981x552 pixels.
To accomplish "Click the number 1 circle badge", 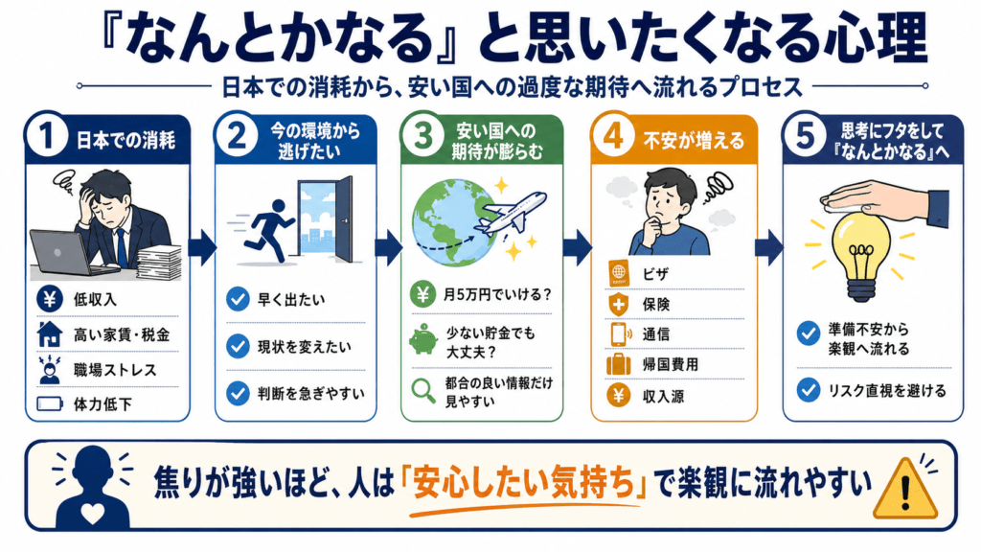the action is tap(46, 136).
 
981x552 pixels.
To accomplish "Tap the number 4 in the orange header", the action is tap(613, 136).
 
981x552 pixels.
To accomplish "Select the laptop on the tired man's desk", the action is tap(67, 253).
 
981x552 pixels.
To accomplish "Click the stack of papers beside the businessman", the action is tap(159, 263).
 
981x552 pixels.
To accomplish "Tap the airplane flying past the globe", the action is tap(510, 214).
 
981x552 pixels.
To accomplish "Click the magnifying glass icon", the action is tap(423, 391).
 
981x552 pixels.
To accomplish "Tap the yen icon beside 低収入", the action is tap(50, 299).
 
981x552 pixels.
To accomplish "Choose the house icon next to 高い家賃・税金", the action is tap(50, 334).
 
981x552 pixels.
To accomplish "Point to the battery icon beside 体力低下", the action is tap(50, 403).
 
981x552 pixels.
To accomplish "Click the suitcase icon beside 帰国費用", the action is tap(618, 364).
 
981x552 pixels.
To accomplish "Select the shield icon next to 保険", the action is tap(618, 305).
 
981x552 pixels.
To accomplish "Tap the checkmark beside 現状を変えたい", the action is tap(238, 346).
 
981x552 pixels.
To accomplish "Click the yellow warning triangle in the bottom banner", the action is tap(904, 489).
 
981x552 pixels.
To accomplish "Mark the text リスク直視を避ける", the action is tap(887, 391).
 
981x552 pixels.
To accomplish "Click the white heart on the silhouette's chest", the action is tap(93, 514).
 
